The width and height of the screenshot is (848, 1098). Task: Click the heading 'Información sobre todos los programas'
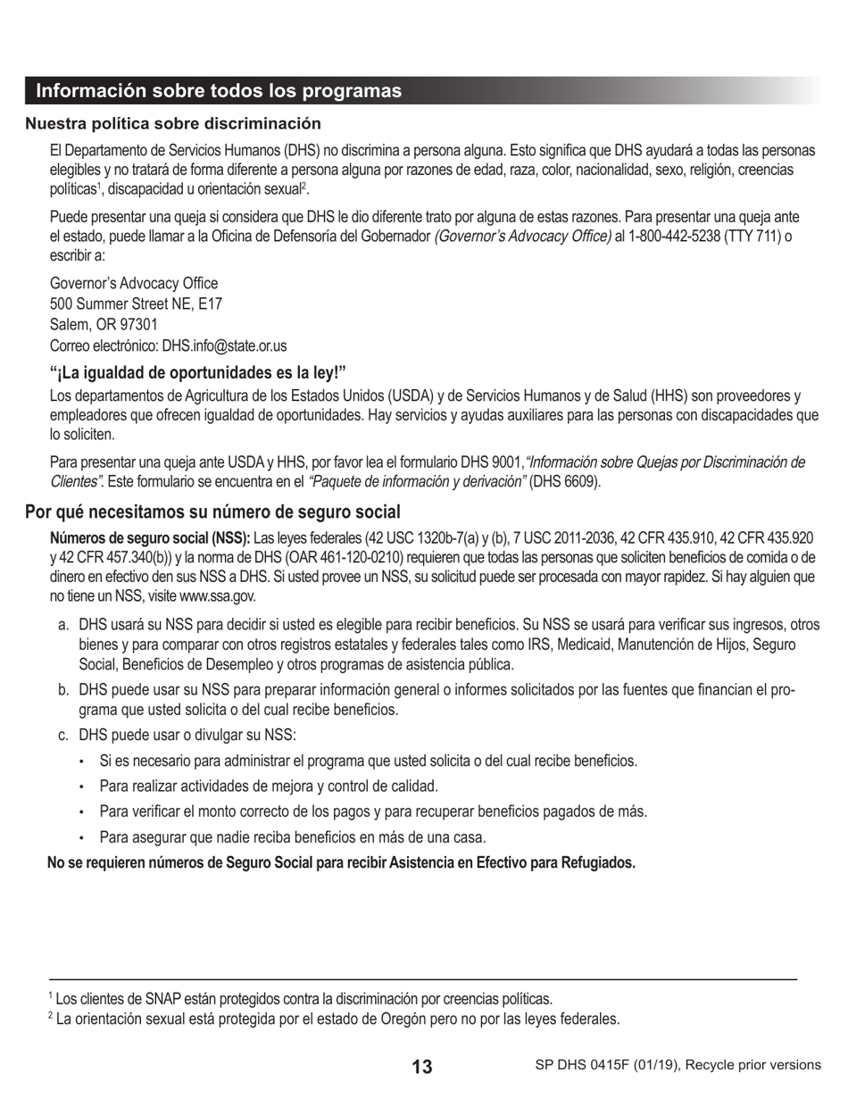click(219, 91)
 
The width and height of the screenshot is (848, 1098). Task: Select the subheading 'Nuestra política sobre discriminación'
click(173, 123)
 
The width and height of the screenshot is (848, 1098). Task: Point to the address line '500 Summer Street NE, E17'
click(136, 304)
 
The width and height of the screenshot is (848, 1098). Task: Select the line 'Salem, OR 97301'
click(104, 325)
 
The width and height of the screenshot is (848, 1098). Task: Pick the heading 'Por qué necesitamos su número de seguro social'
click(212, 512)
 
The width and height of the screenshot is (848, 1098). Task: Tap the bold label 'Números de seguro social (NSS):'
click(150, 538)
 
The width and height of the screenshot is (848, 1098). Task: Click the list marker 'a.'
click(63, 625)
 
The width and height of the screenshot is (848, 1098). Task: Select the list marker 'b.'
click(63, 690)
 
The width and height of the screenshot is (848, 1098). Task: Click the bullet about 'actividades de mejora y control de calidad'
click(269, 786)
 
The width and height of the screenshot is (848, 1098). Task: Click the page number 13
click(422, 1066)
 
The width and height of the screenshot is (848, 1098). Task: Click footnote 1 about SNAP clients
click(300, 999)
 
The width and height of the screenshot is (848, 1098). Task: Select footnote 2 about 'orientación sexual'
click(334, 1019)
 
